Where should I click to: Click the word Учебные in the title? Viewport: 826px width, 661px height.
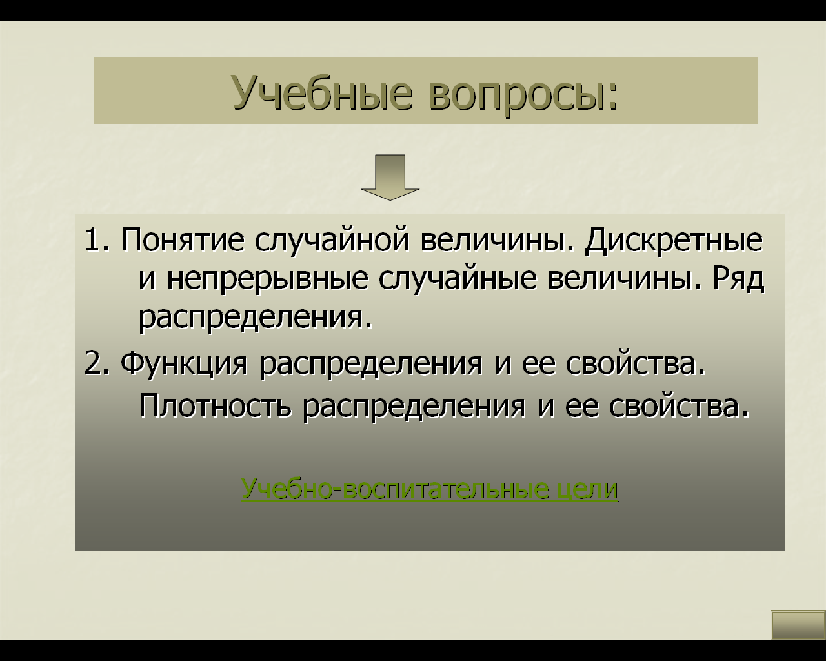323,92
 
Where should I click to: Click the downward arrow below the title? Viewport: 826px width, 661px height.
390,178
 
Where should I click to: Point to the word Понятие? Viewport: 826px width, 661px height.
183,240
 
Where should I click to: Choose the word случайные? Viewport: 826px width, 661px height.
458,280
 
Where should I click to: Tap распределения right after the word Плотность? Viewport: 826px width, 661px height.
414,408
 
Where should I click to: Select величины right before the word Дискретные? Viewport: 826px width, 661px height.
497,241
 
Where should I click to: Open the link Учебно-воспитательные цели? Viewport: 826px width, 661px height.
430,489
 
